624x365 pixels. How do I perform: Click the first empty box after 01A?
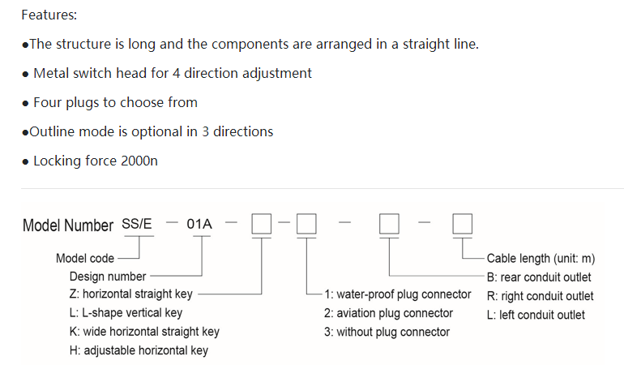(261, 224)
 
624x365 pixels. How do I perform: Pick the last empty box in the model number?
(462, 224)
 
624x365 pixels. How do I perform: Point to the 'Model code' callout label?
(85, 259)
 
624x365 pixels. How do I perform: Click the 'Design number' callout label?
(108, 277)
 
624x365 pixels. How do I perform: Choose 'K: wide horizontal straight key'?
(144, 332)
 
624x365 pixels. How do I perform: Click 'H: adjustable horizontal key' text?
(139, 350)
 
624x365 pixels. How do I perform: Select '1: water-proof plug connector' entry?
(398, 294)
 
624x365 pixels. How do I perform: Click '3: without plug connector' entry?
(387, 332)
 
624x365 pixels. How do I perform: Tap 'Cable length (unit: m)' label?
(541, 259)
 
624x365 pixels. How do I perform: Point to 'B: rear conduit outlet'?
(539, 277)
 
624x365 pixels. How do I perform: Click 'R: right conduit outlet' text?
(540, 296)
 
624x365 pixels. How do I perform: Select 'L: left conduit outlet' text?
(536, 315)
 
